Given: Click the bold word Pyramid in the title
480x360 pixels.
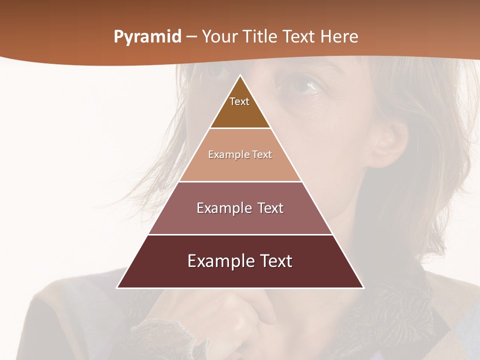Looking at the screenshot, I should [x=147, y=37].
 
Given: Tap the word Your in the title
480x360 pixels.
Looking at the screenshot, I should [x=219, y=36].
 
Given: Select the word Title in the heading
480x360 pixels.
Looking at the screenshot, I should [x=260, y=36].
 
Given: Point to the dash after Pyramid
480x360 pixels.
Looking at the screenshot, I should [x=191, y=37].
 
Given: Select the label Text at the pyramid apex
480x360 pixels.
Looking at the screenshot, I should [x=239, y=101].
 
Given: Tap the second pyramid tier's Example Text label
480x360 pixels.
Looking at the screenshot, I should [x=240, y=154].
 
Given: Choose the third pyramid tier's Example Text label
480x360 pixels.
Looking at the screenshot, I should [x=240, y=208].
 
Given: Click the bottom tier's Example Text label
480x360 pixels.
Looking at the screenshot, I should [x=240, y=261].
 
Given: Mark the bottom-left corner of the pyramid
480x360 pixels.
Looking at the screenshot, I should [x=117, y=287].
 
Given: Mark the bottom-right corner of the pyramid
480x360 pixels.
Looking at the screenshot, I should [x=363, y=287].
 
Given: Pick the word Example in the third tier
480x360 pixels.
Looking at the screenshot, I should [x=222, y=208].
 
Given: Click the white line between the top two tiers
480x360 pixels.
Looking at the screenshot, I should [x=240, y=128].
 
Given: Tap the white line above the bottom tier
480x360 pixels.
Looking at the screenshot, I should [x=240, y=234].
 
